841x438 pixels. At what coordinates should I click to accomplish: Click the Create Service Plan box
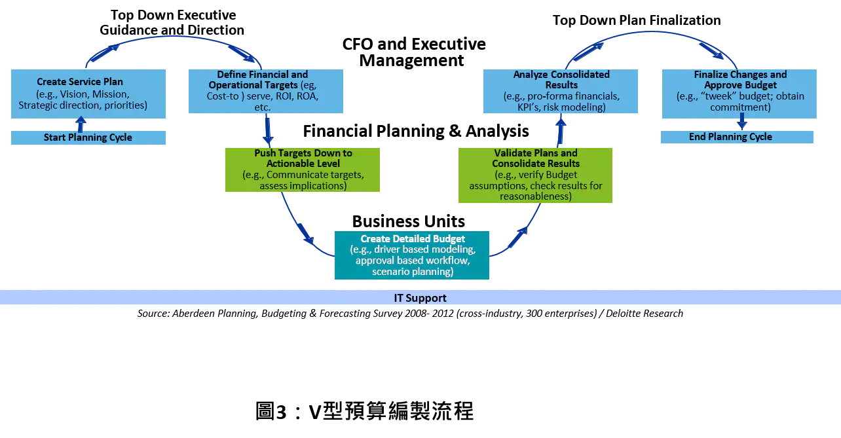point(88,94)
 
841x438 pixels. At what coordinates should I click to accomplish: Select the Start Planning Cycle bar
point(88,137)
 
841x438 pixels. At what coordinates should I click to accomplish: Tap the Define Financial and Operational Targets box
point(265,91)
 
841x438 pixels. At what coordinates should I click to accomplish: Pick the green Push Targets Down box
point(302,170)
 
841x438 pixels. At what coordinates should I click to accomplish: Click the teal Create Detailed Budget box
point(411,255)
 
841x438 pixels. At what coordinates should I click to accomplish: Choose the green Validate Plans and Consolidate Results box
point(535,175)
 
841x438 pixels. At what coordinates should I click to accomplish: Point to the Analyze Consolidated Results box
point(560,91)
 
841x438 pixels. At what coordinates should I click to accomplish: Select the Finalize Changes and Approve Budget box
point(739,94)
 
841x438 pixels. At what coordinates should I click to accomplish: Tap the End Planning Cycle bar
point(736,137)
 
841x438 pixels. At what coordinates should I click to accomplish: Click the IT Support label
point(420,298)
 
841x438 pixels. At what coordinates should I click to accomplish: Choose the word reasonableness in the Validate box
point(535,196)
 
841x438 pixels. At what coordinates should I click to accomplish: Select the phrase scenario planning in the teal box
point(412,271)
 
